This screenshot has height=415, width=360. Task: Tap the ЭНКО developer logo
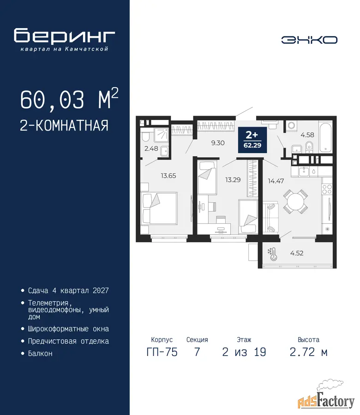pos(309,40)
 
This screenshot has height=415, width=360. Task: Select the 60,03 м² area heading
pos(69,99)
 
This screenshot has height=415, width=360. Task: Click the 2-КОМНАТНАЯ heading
pos(64,125)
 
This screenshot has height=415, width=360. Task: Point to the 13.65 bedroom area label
pos(168,176)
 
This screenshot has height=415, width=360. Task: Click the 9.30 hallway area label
pos(218,143)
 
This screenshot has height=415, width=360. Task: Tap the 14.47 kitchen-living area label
pos(276,181)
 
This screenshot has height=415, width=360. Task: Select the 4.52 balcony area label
pos(297,253)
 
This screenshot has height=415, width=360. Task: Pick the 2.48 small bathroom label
pos(151,148)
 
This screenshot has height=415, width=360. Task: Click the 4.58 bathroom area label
pos(307,135)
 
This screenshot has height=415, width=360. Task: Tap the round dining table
pos(295,202)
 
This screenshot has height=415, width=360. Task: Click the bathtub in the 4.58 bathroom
pos(325,137)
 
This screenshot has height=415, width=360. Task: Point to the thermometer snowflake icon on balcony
pos(273,254)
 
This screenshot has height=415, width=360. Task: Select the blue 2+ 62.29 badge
pos(252,140)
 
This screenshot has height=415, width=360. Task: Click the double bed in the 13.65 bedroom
pos(159,208)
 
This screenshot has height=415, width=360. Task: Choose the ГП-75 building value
pos(162,352)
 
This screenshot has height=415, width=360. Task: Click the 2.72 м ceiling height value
pos(309,352)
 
